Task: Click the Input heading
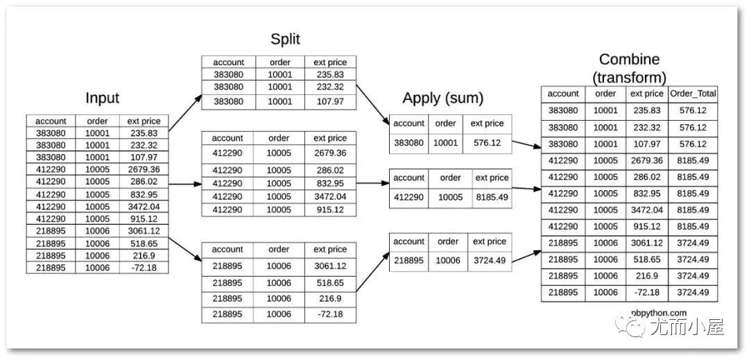102,98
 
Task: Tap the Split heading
285,39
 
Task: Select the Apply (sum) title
442,98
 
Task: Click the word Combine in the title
628,59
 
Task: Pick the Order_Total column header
693,94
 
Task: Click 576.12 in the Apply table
487,142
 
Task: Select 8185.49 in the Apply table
492,197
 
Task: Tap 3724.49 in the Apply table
489,260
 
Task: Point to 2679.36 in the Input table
144,169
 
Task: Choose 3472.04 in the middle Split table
330,197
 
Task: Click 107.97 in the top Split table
330,102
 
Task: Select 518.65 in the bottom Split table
330,282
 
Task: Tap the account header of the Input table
51,121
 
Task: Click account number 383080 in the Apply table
408,142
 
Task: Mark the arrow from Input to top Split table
185,113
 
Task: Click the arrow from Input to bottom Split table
185,250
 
